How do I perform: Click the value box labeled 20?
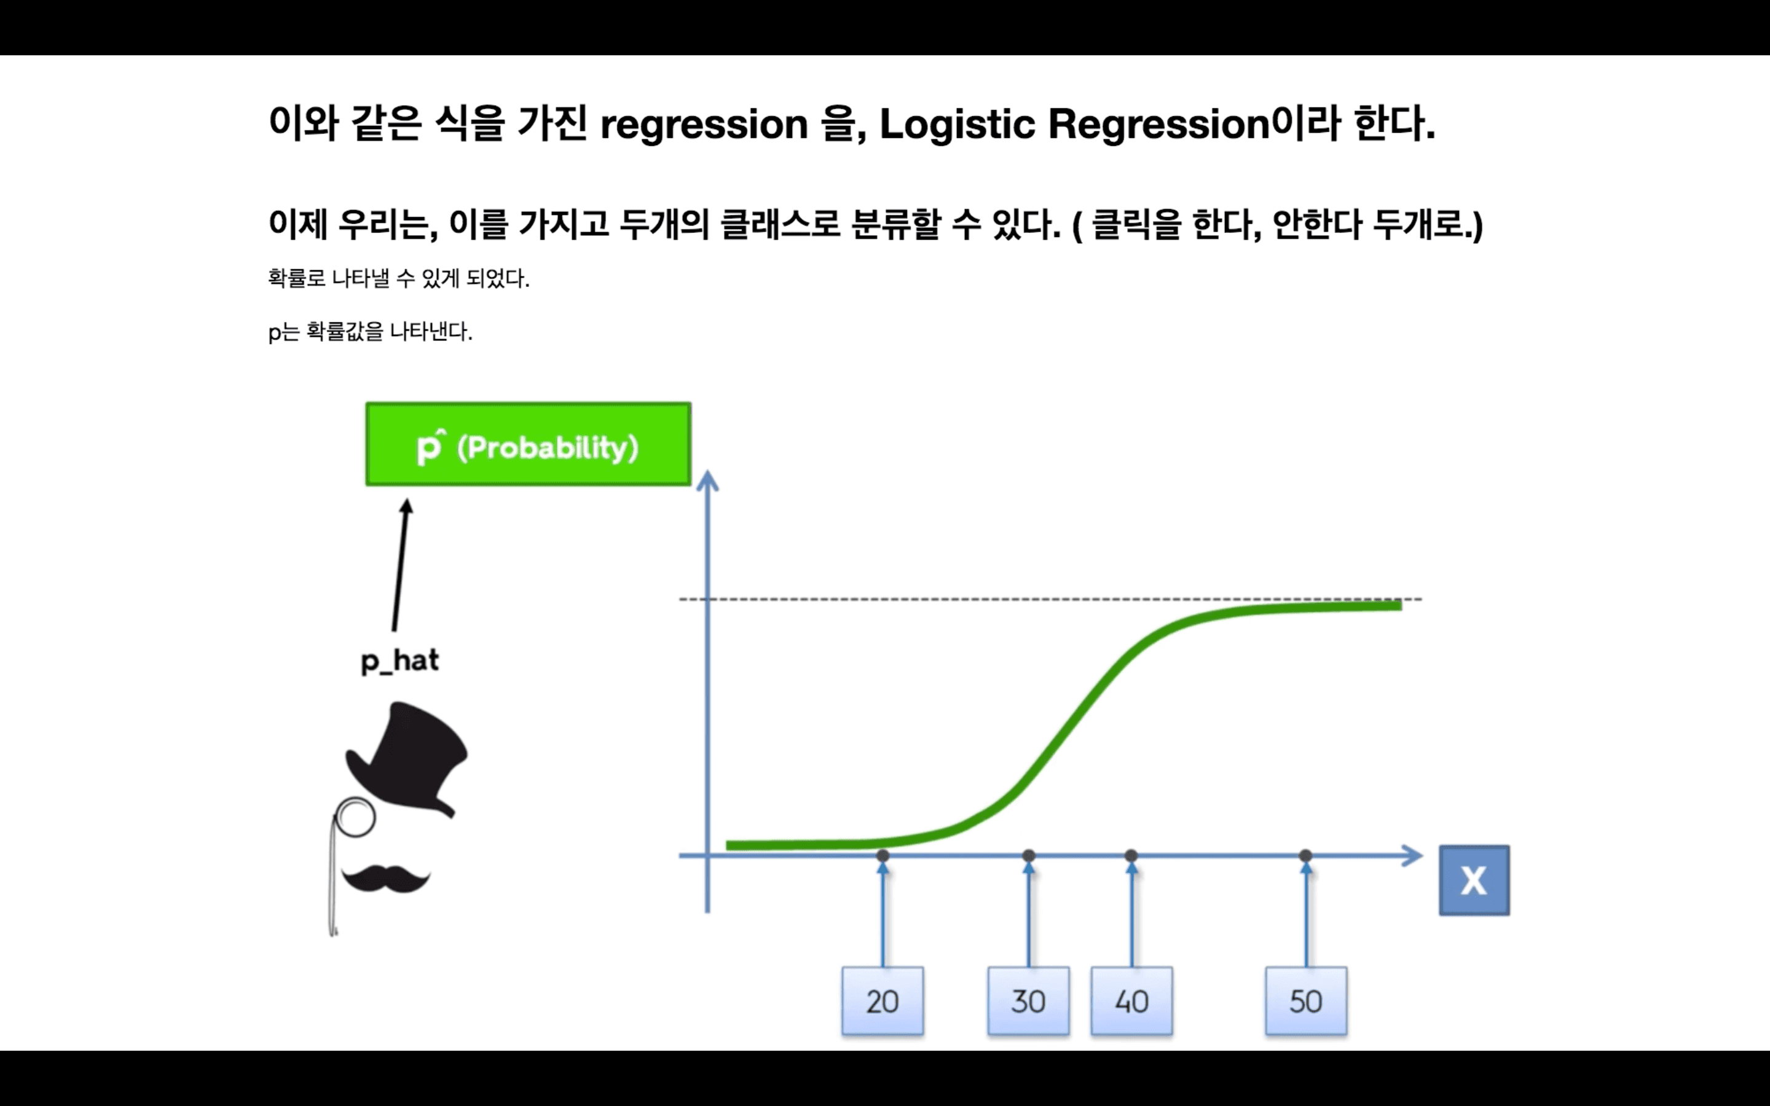click(882, 1001)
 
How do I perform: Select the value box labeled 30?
click(1028, 1001)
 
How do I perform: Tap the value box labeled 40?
click(1131, 1001)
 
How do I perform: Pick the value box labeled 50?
click(1305, 1001)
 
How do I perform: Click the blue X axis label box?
click(1474, 880)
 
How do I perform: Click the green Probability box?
click(528, 445)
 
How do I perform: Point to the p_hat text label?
click(400, 661)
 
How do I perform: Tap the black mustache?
click(385, 878)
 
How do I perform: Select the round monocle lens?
click(355, 817)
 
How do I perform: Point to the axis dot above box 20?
click(883, 855)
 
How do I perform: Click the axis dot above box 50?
click(1305, 855)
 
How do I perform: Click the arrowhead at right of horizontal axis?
click(1413, 855)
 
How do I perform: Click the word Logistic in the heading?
click(957, 124)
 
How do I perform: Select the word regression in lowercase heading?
click(704, 124)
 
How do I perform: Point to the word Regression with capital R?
click(1158, 124)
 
